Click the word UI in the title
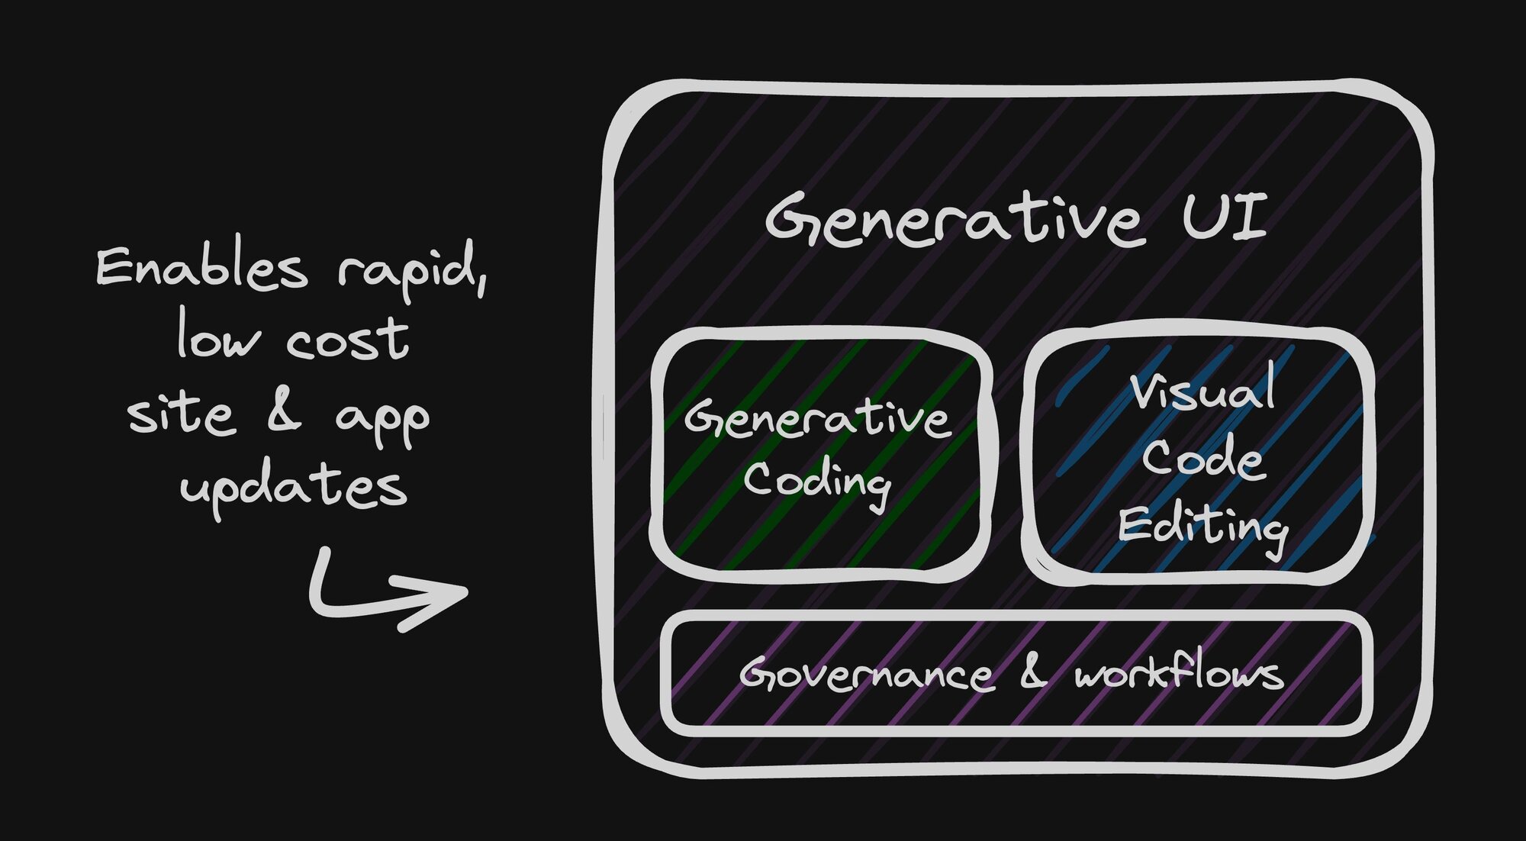[x=1225, y=217]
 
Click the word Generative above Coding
[x=817, y=419]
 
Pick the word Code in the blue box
[x=1203, y=459]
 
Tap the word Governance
[x=867, y=675]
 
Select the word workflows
[x=1179, y=672]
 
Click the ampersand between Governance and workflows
[x=1033, y=672]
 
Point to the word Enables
[x=202, y=268]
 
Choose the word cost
[x=348, y=340]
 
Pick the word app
[x=382, y=421]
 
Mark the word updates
[x=294, y=488]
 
